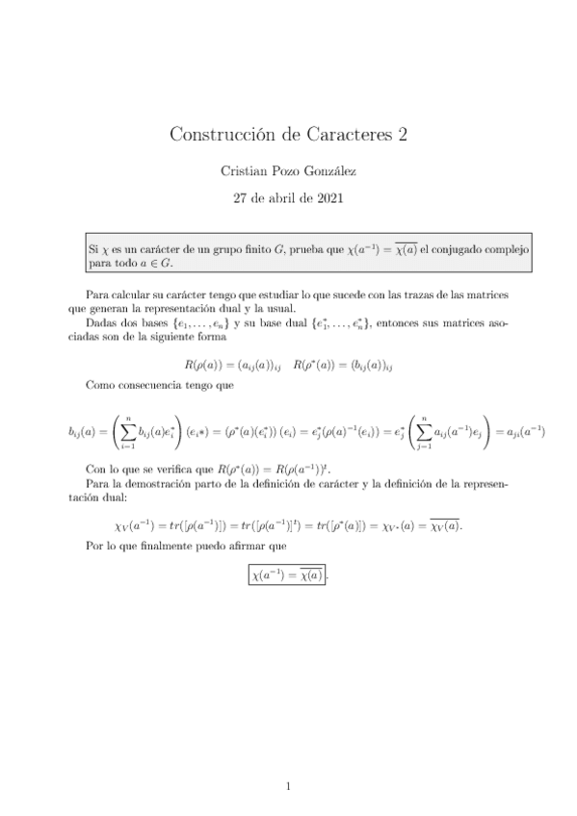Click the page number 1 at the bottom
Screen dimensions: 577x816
pyautogui.click(x=288, y=787)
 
